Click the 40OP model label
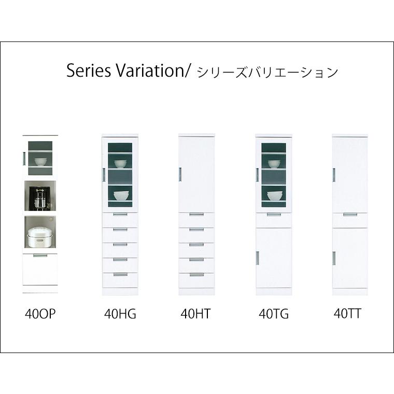pos(40,314)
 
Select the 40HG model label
pos(120,314)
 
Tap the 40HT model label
pos(195,314)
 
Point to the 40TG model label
pos(274,314)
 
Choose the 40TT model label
pos(347,313)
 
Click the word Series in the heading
pos(89,71)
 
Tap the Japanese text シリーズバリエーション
pos(268,73)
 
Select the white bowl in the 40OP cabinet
pos(40,162)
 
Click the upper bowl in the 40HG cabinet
pos(120,164)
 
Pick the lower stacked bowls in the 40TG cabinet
pos(274,196)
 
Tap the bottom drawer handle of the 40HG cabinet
pos(120,275)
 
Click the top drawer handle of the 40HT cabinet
pos(196,214)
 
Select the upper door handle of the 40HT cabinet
pos(180,174)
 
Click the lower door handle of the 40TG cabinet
pos(257,258)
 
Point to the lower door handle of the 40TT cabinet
pos(334,258)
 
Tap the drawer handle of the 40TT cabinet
pos(350,215)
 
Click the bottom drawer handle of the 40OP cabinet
pos(40,256)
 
